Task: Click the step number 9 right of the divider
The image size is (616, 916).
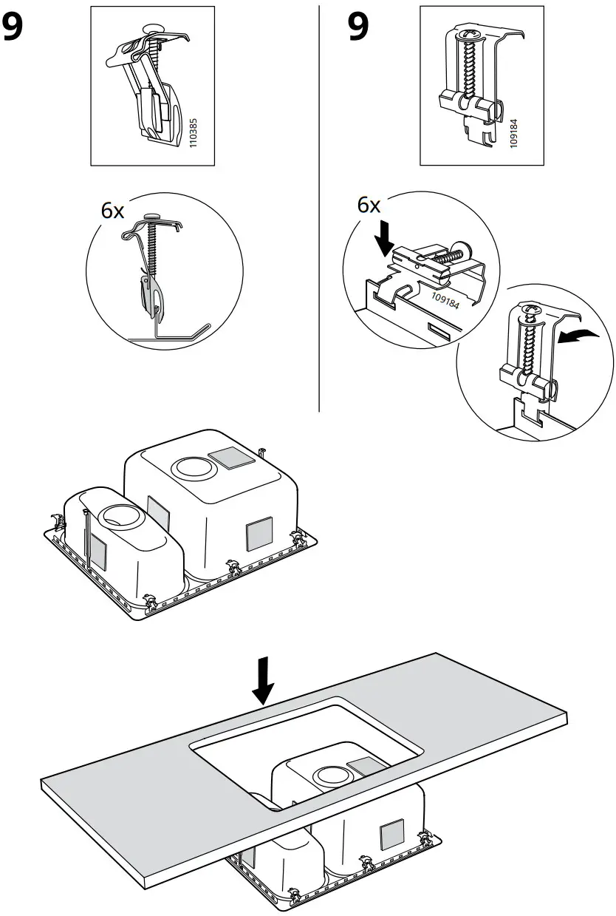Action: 360,28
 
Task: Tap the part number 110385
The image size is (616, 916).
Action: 194,129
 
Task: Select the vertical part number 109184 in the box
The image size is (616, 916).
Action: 514,130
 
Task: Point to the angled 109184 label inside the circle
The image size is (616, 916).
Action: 444,299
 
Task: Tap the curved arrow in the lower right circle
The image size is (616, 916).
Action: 578,336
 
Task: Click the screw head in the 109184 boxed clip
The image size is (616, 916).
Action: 468,35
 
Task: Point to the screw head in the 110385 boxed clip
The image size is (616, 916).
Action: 154,27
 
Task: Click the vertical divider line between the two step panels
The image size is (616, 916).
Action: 318,207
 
